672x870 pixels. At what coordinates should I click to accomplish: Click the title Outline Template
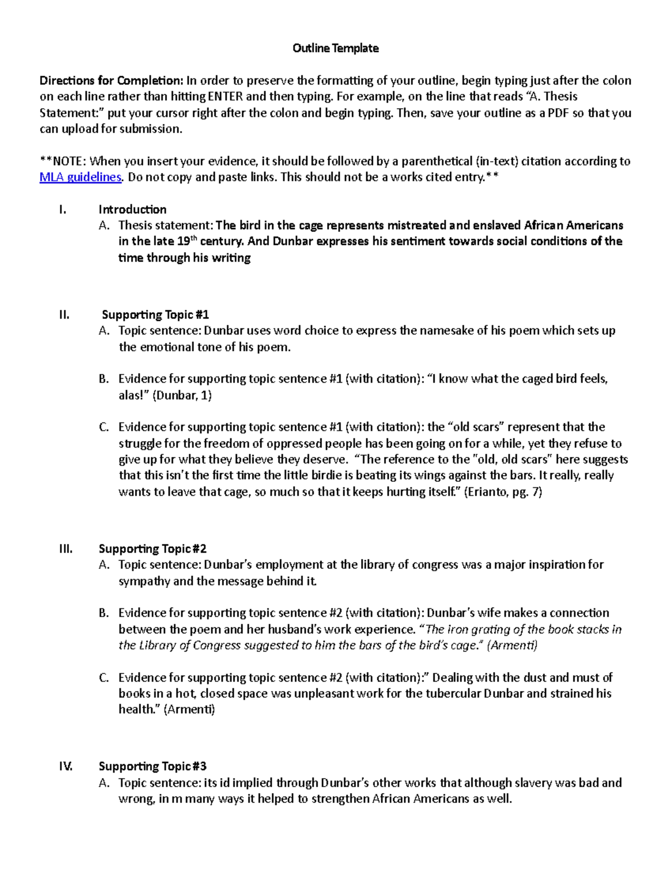[x=335, y=48]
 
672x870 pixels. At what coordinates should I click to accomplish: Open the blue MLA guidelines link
[x=81, y=178]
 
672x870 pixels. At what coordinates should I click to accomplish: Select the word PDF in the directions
[x=558, y=113]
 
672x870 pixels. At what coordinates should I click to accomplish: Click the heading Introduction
[x=132, y=210]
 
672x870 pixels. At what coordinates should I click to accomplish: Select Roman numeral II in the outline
[x=64, y=315]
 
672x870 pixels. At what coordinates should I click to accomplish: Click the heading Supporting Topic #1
[x=155, y=315]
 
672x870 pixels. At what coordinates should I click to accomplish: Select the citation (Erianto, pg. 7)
[x=503, y=492]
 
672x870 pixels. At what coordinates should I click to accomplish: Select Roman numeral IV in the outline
[x=66, y=766]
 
